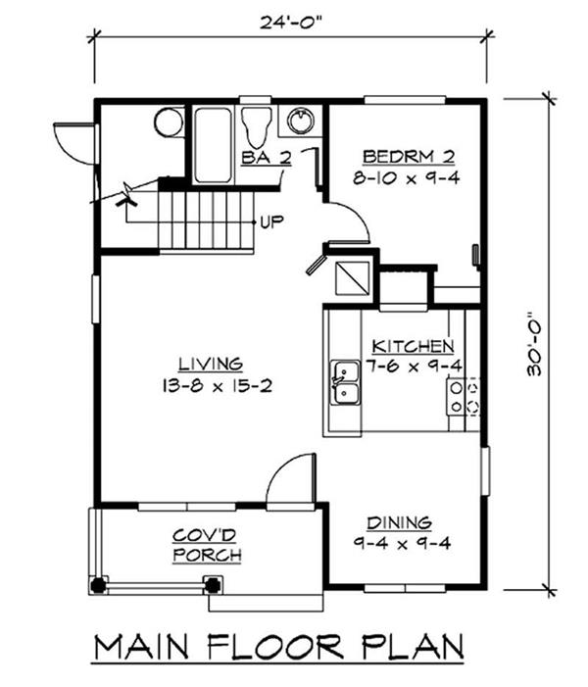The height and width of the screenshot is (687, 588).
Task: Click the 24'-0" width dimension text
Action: pyautogui.click(x=288, y=22)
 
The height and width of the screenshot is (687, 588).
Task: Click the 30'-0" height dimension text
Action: pyautogui.click(x=534, y=343)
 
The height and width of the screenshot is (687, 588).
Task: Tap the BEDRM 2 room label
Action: pyautogui.click(x=409, y=157)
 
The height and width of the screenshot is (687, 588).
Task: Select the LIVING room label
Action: pyautogui.click(x=211, y=364)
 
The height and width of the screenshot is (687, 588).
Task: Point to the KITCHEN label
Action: pyautogui.click(x=413, y=346)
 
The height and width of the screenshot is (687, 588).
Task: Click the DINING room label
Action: pyautogui.click(x=399, y=522)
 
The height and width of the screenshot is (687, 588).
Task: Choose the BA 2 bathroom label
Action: pyautogui.click(x=267, y=158)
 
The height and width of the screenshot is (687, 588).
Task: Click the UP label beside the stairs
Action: pyautogui.click(x=271, y=222)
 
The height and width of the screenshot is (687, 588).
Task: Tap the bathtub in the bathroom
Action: pyautogui.click(x=213, y=145)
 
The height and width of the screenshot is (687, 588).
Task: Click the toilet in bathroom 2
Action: pyautogui.click(x=257, y=126)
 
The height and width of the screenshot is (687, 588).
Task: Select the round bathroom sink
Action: pyautogui.click(x=301, y=120)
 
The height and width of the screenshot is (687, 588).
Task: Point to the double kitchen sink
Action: pyautogui.click(x=345, y=382)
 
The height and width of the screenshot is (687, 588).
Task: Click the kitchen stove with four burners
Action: pyautogui.click(x=464, y=397)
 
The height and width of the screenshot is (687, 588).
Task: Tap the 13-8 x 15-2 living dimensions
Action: pyautogui.click(x=218, y=386)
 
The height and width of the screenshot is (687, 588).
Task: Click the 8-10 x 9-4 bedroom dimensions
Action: pyautogui.click(x=407, y=178)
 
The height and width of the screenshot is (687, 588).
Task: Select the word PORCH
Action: pyautogui.click(x=207, y=555)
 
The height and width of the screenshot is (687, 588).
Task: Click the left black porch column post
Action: pyautogui.click(x=98, y=585)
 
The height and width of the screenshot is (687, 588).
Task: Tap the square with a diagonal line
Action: pyautogui.click(x=352, y=278)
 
